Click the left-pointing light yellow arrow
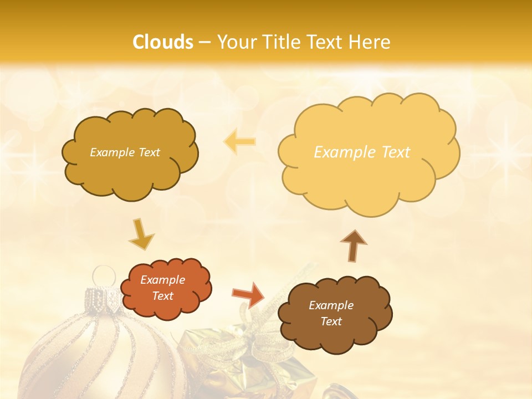point(239,141)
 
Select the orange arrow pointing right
point(249,294)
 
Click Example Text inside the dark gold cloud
point(125,152)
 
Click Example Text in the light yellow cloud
point(362,152)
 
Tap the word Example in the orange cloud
point(162,280)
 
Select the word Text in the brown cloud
point(331,321)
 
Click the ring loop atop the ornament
point(103,275)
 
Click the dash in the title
point(204,43)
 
